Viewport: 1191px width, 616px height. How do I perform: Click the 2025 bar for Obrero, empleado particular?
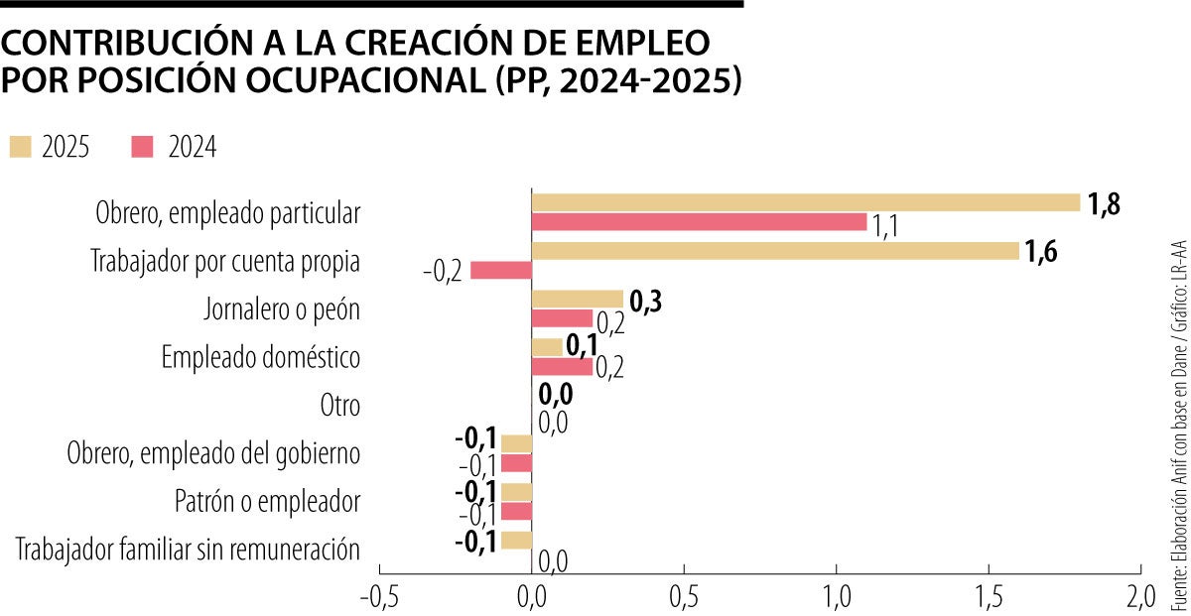click(x=806, y=202)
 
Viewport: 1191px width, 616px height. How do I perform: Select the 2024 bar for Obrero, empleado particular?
click(x=700, y=222)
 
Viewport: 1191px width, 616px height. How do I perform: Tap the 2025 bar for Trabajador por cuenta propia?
click(x=776, y=251)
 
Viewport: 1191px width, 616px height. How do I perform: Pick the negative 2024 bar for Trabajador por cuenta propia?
click(x=501, y=271)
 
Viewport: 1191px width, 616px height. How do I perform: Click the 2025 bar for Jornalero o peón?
click(x=578, y=300)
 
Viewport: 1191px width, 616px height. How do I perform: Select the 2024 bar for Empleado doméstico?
click(x=563, y=367)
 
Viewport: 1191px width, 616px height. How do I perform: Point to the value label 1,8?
click(x=1105, y=205)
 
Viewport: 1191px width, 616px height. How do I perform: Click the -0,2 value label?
click(x=442, y=272)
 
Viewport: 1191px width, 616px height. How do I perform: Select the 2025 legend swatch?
click(x=21, y=147)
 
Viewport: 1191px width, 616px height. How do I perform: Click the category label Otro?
click(x=338, y=406)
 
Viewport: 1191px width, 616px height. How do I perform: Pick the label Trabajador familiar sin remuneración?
click(x=188, y=550)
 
